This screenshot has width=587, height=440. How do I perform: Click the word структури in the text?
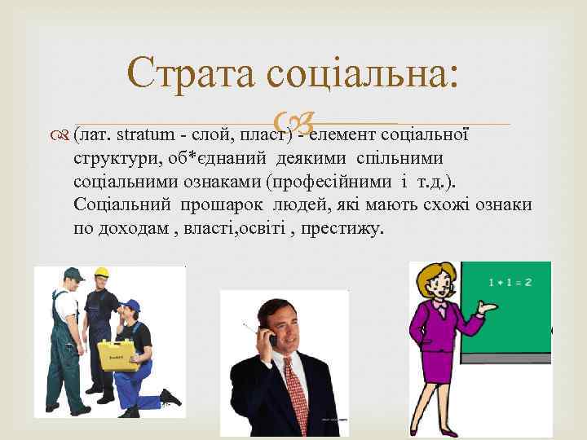112,156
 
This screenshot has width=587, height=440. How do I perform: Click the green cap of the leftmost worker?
73,274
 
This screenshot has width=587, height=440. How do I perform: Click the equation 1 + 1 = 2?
510,282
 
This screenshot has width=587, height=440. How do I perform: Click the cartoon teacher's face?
438,286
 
